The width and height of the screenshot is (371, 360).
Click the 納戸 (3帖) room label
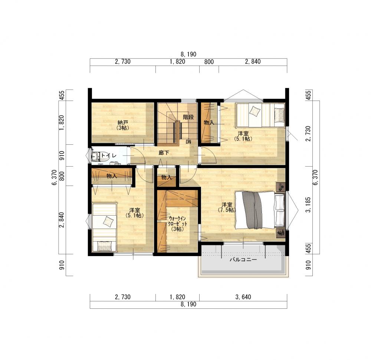(123, 125)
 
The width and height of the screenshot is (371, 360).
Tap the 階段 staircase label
(188, 117)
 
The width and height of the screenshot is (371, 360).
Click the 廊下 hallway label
(164, 153)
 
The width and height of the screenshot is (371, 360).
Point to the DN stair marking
(188, 142)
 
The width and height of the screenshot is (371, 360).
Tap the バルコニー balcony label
(243, 260)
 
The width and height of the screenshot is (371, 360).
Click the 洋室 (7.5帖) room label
(227, 207)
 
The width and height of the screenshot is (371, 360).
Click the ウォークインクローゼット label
(177, 221)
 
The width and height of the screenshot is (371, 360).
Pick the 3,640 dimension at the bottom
(243, 297)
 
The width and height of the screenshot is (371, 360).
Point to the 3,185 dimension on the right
(308, 205)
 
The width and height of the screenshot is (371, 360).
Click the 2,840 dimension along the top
(253, 62)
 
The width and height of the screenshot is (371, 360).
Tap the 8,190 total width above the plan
(188, 54)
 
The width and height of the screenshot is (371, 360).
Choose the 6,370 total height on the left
(55, 177)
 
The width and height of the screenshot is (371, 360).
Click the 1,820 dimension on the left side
(62, 122)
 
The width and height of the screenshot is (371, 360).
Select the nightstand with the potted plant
(281, 233)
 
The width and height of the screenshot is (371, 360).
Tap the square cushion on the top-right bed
(255, 111)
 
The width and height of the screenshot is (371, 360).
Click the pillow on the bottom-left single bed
(105, 246)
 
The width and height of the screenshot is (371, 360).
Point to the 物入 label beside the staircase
(209, 122)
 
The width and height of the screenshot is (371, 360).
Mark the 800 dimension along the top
(209, 62)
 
